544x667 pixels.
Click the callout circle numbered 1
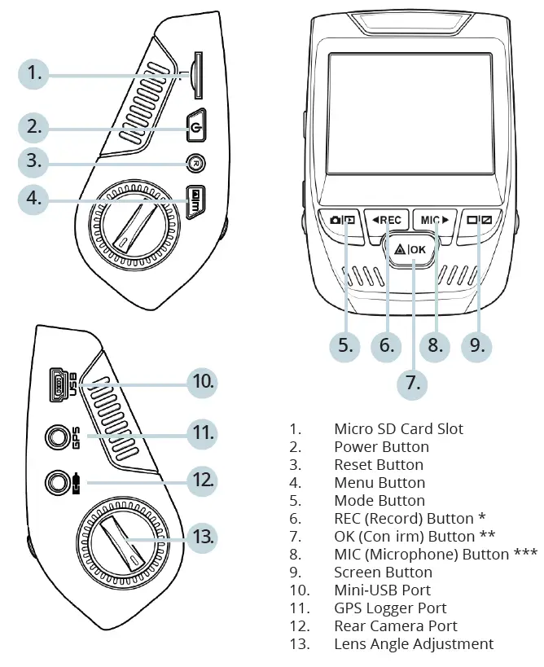[33, 74]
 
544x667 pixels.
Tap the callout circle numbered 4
[33, 197]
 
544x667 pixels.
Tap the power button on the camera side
[194, 126]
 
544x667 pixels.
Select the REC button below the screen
[387, 220]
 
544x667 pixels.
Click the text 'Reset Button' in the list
[378, 465]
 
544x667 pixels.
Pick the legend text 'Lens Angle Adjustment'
[413, 644]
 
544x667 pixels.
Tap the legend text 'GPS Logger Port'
[390, 608]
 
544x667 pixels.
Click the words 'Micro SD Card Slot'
[398, 429]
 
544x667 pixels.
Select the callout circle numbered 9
[476, 344]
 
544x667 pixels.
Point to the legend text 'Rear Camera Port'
[395, 626]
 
